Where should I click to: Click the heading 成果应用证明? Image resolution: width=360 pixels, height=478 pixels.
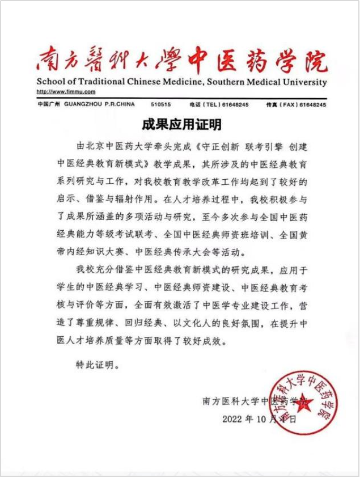click(x=181, y=124)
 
